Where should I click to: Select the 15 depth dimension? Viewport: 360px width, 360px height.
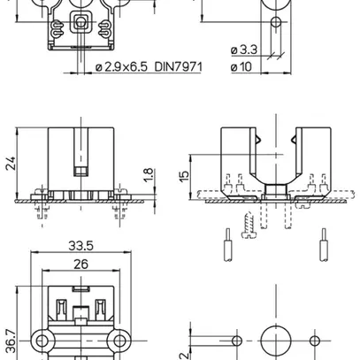[183, 176]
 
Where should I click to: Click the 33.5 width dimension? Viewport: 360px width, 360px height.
[80, 247]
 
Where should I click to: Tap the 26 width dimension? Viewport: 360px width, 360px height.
[80, 264]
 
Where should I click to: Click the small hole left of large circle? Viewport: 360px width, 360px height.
[235, 341]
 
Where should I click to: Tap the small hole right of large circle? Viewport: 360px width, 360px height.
[316, 341]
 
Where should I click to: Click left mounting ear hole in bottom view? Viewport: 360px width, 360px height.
[40, 341]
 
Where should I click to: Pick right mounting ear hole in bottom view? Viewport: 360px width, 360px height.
[119, 341]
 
